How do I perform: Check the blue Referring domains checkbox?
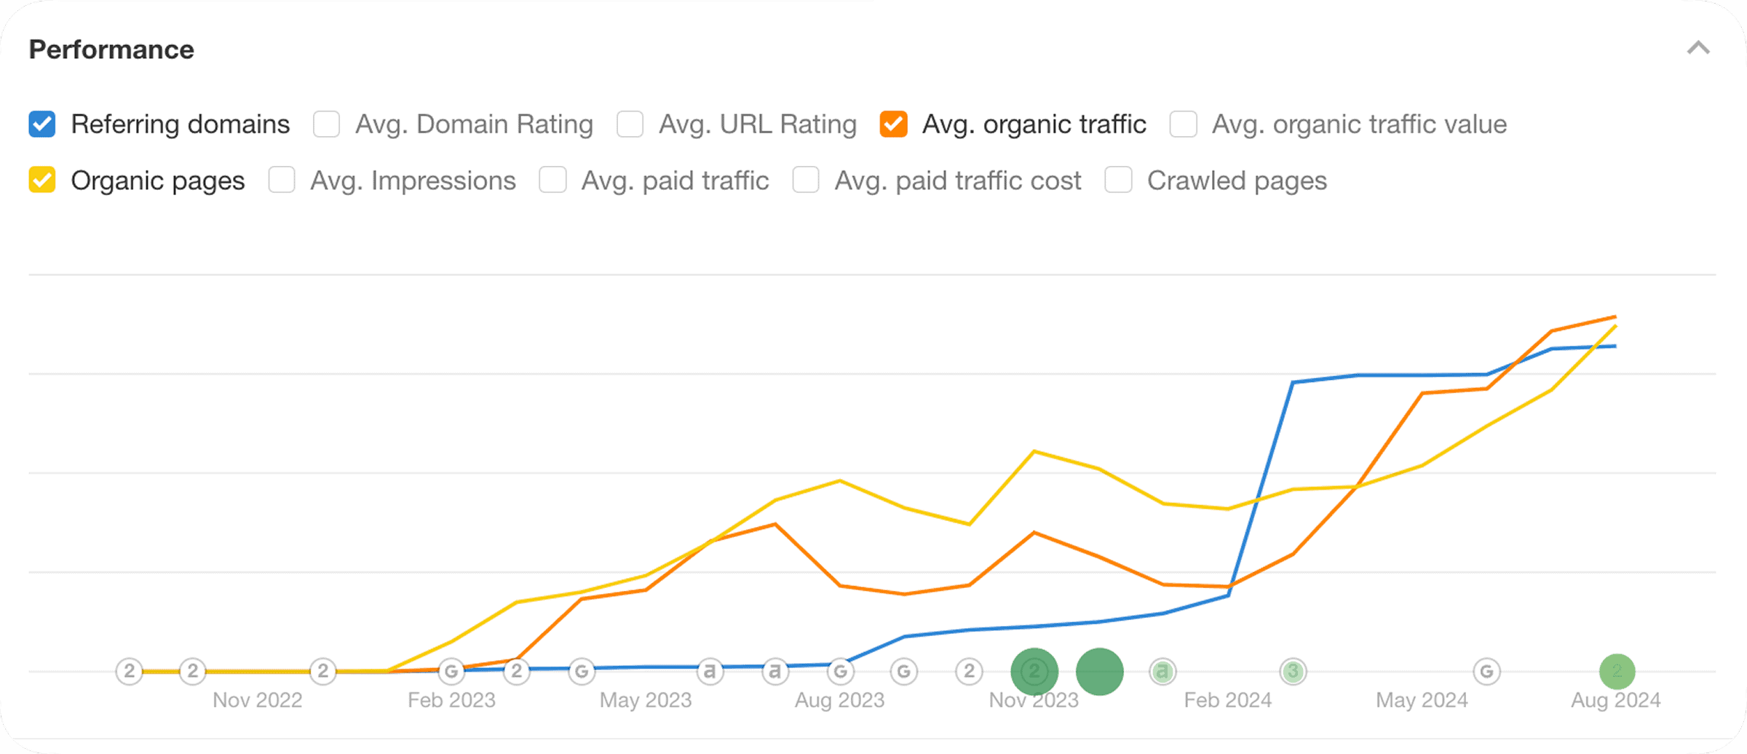pos(42,124)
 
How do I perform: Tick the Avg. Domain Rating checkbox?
pos(326,124)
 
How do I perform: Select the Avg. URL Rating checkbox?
pos(630,124)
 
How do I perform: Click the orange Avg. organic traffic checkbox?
pos(893,124)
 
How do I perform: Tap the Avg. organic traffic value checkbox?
pos(1183,124)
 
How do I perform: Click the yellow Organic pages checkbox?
pos(42,180)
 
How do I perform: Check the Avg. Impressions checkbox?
pos(282,180)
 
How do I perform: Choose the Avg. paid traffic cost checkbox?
pos(806,180)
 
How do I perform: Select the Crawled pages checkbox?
pos(1118,180)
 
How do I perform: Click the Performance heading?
pos(111,49)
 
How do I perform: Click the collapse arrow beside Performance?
pos(1698,48)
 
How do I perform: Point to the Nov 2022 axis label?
pos(257,700)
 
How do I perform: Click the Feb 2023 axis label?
pos(451,700)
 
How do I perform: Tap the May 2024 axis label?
pos(1422,700)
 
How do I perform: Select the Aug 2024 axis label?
pos(1616,700)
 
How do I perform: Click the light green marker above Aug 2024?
pos(1617,671)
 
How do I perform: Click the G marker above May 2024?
pos(1486,671)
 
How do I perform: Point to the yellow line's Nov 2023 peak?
pos(1034,451)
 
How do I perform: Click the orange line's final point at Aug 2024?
pos(1615,317)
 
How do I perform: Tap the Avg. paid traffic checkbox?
pos(552,180)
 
